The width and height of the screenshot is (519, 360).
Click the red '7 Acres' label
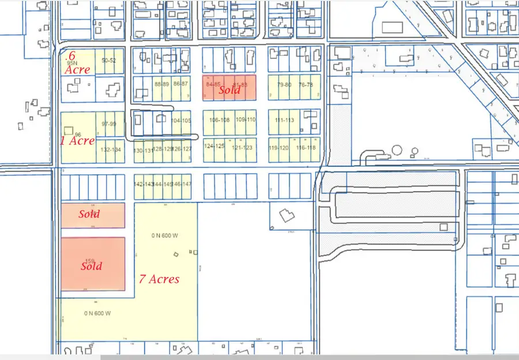coord(159,279)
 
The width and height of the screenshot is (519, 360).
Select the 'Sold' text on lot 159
coord(91,266)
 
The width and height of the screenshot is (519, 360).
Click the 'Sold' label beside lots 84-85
coord(229,90)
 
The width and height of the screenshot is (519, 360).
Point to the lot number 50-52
coord(108,61)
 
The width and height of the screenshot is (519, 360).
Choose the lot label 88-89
coord(163,84)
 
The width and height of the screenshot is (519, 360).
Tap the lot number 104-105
coord(182,121)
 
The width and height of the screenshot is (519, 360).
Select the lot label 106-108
coord(220,120)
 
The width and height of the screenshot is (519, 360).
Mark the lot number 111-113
coord(285,120)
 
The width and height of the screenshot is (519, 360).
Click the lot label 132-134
coord(111,150)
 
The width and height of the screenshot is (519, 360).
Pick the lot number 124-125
coord(214,146)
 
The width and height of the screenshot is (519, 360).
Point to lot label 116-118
coord(306,148)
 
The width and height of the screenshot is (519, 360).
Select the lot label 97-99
coord(108,124)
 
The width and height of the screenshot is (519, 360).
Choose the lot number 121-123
coord(242,148)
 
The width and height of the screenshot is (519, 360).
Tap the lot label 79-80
coord(284,85)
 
